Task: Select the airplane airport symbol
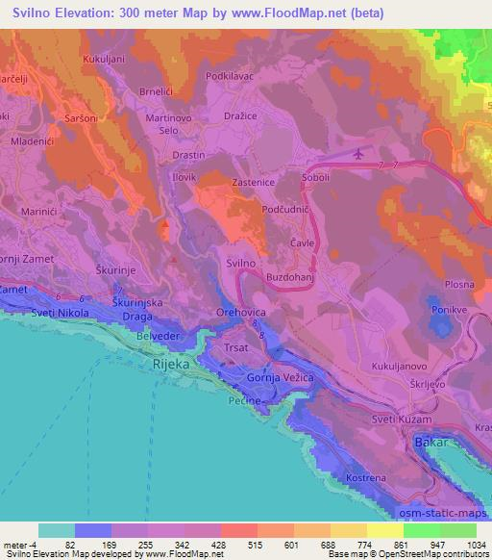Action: pos(359,153)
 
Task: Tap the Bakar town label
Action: pos(432,443)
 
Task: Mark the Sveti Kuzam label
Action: pos(402,421)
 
